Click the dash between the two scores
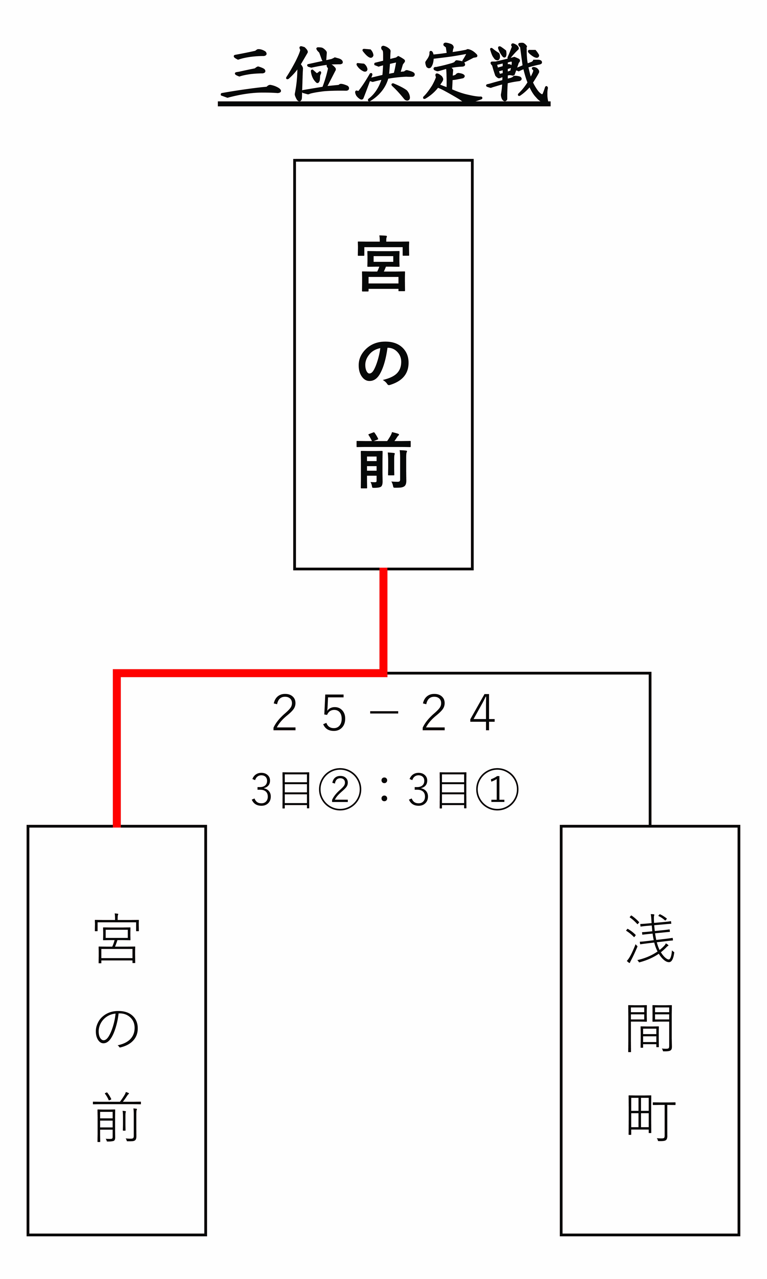point(384,713)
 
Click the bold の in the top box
point(383,363)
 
